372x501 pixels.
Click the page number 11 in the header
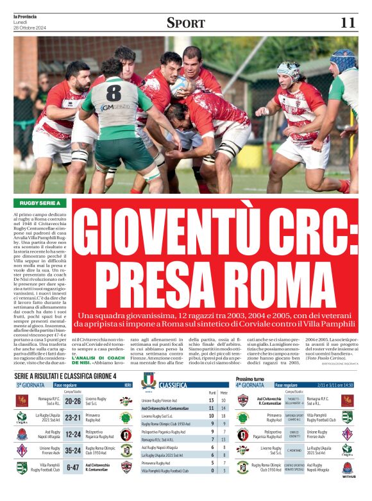(347, 22)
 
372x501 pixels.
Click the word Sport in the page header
(185, 22)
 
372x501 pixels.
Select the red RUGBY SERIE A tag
(40, 203)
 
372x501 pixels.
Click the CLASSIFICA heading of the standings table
(173, 385)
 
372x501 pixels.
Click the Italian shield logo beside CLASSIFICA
(148, 380)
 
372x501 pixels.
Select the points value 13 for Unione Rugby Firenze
(211, 401)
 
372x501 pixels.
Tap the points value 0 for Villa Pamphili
(211, 470)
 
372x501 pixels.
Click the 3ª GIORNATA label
(30, 385)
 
